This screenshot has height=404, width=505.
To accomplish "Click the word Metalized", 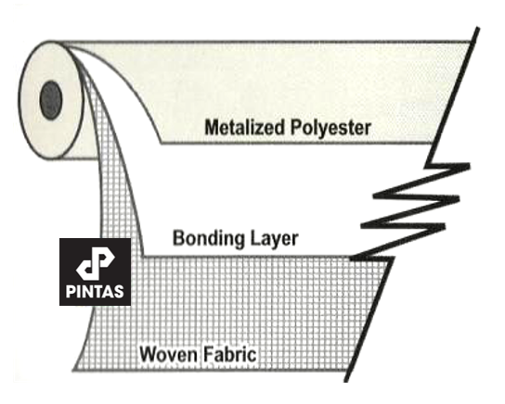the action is [245, 127].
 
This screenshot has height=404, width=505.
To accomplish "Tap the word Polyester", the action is [330, 128].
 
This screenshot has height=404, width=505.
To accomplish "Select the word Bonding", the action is [207, 239].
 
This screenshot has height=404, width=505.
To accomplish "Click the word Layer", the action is [272, 239].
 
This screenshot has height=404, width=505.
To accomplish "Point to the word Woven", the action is [168, 354].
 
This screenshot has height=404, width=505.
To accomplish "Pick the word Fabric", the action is [230, 354].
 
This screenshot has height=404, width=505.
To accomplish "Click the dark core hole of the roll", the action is [50, 100].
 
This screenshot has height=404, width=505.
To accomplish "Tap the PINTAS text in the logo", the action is [95, 291].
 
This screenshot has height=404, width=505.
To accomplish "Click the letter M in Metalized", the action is [213, 127].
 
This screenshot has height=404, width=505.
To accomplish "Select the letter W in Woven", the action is [149, 354].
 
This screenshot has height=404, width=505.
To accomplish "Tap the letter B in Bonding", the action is [179, 238].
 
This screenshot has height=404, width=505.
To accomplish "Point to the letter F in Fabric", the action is [208, 354].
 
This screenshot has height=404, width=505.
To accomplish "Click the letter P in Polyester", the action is [296, 127].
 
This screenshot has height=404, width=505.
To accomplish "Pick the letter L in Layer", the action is [252, 238].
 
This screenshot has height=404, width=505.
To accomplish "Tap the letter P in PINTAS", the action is [71, 291].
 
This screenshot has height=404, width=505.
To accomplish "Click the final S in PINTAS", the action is [119, 291].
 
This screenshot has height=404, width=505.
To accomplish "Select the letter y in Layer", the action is [274, 242].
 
